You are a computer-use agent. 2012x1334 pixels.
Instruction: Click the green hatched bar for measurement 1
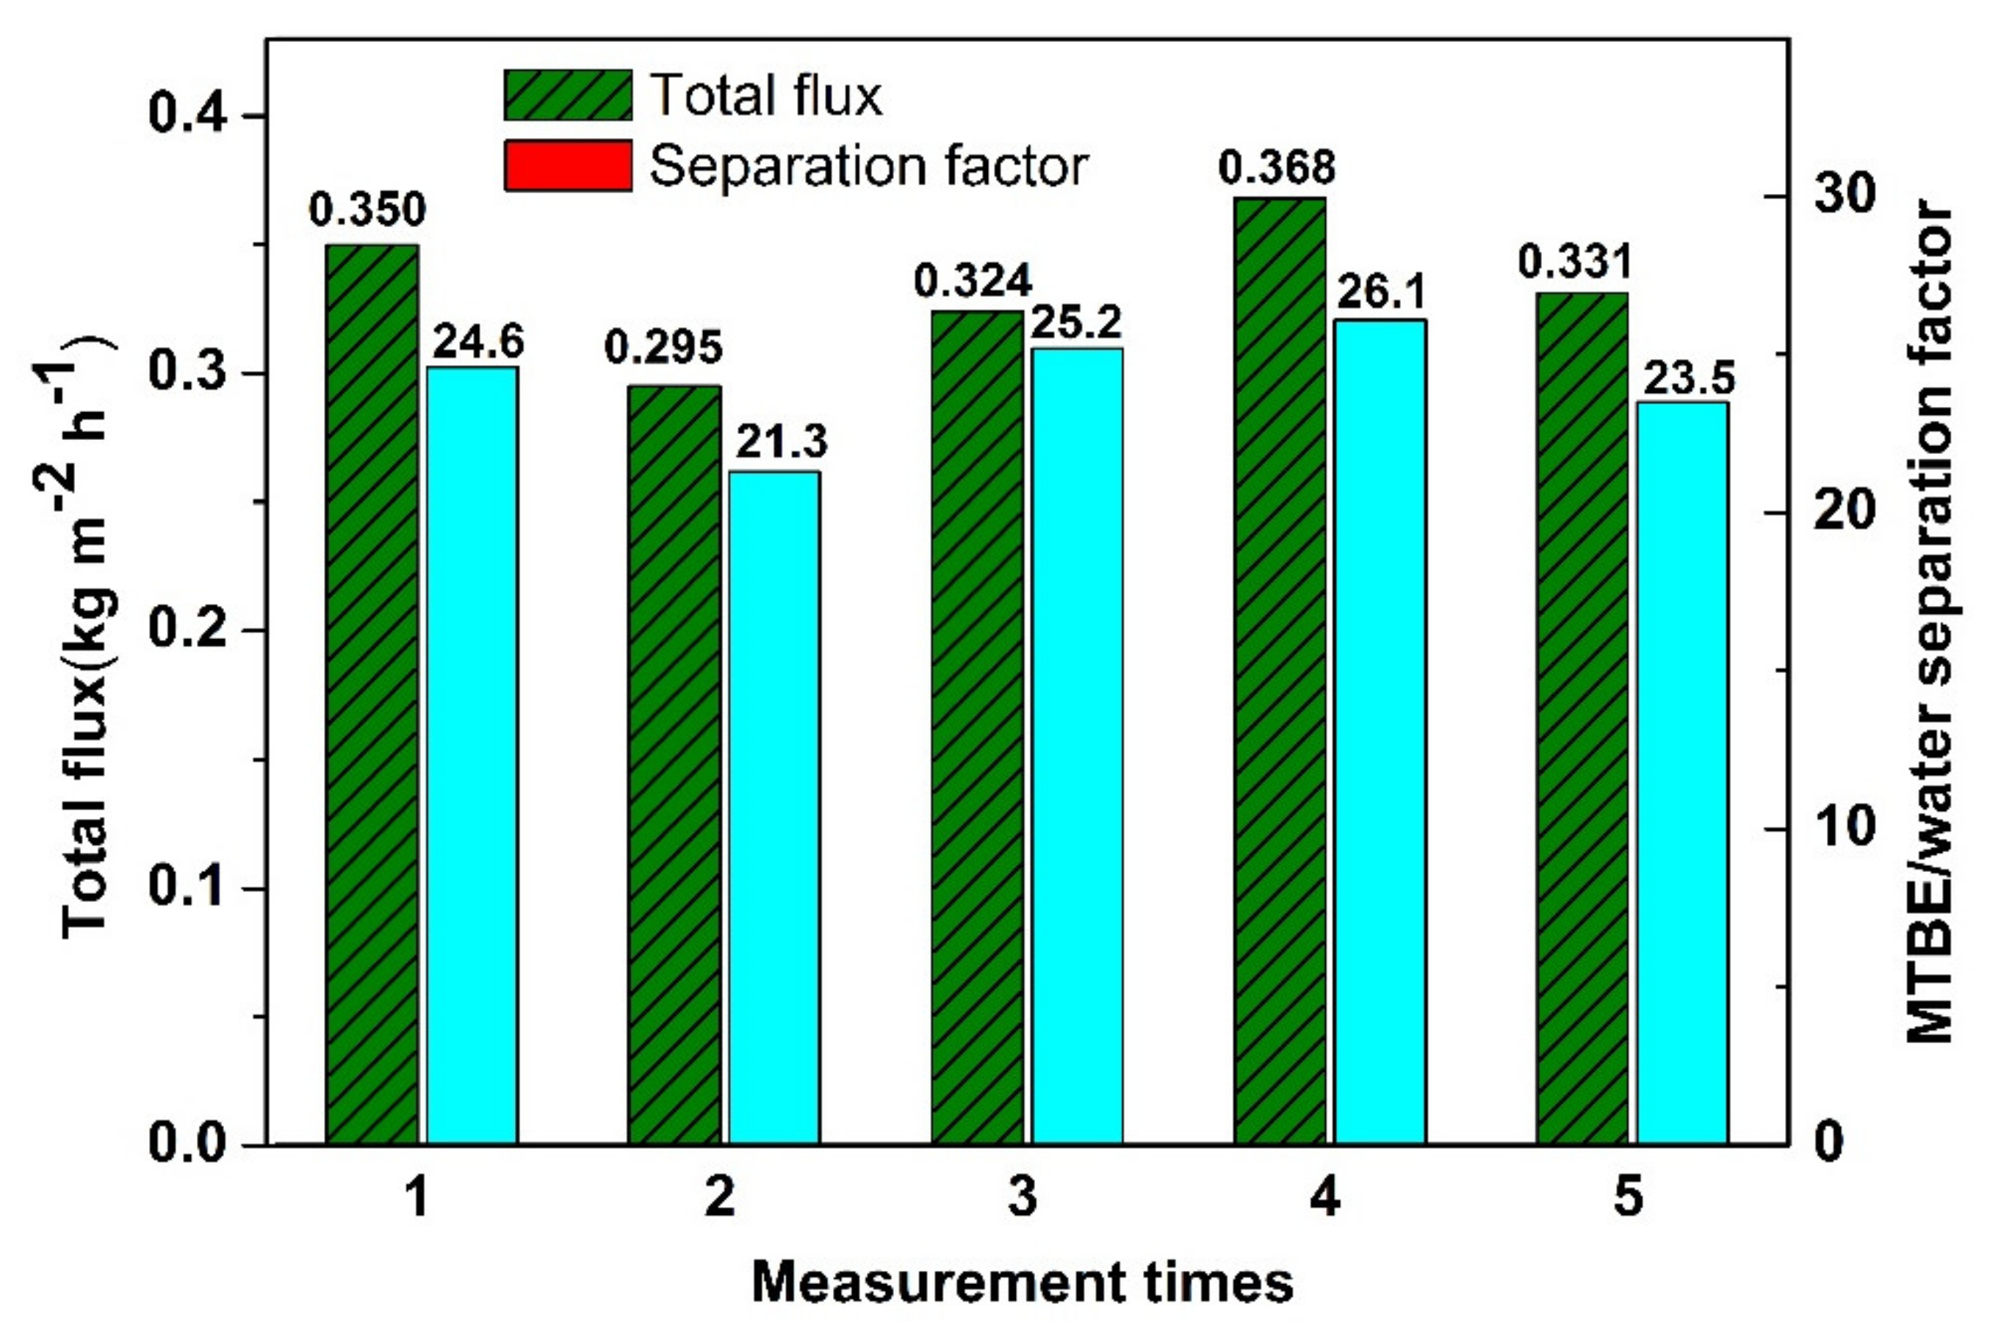click(x=372, y=693)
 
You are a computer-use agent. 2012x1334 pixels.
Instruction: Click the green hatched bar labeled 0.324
click(x=977, y=727)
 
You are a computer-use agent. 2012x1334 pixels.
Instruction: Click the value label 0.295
click(x=663, y=348)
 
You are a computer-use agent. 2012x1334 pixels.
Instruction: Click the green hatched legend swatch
click(x=567, y=95)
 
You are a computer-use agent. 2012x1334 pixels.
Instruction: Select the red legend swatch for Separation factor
click(x=567, y=165)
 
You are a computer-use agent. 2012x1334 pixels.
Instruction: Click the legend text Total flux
click(x=765, y=95)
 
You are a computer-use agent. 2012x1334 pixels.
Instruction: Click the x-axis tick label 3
click(x=1023, y=1198)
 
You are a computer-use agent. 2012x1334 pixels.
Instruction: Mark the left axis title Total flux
click(x=85, y=638)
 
